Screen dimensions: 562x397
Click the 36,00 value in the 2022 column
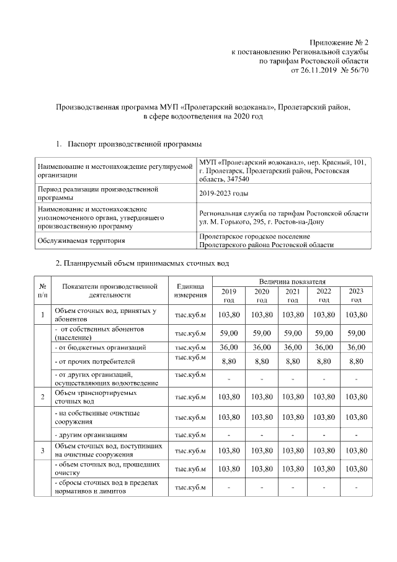[324, 347]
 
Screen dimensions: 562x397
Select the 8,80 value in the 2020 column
[261, 360]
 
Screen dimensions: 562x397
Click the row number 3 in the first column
[42, 450]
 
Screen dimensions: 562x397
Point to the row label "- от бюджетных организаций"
[100, 347]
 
